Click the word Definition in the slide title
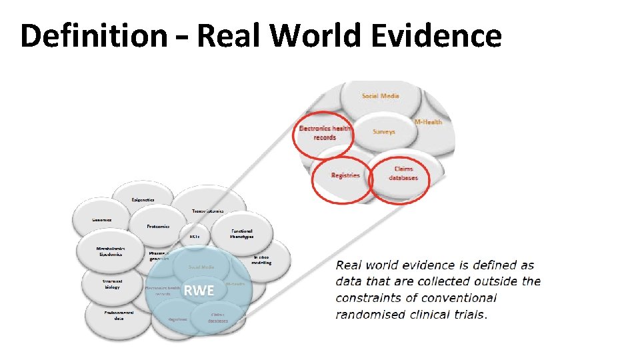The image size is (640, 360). (x=93, y=35)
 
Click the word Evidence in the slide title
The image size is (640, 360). (x=435, y=35)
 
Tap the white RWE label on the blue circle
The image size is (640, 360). (x=199, y=290)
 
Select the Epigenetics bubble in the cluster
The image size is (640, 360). (x=143, y=199)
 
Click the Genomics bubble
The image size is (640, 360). (x=102, y=220)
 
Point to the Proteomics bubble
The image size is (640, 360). (x=158, y=226)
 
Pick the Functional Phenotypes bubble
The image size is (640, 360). (x=241, y=233)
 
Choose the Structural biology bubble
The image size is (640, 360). (x=112, y=284)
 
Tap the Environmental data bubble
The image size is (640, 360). (x=119, y=315)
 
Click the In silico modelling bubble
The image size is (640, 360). (x=261, y=259)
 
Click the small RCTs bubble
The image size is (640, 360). (x=195, y=236)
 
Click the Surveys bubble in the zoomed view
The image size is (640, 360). (x=384, y=131)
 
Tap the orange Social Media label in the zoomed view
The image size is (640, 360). (x=380, y=96)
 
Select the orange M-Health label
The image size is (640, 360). (x=429, y=122)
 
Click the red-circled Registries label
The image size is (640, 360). (x=345, y=175)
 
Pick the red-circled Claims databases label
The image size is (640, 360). (x=403, y=173)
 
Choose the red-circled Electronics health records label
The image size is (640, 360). (x=324, y=133)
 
